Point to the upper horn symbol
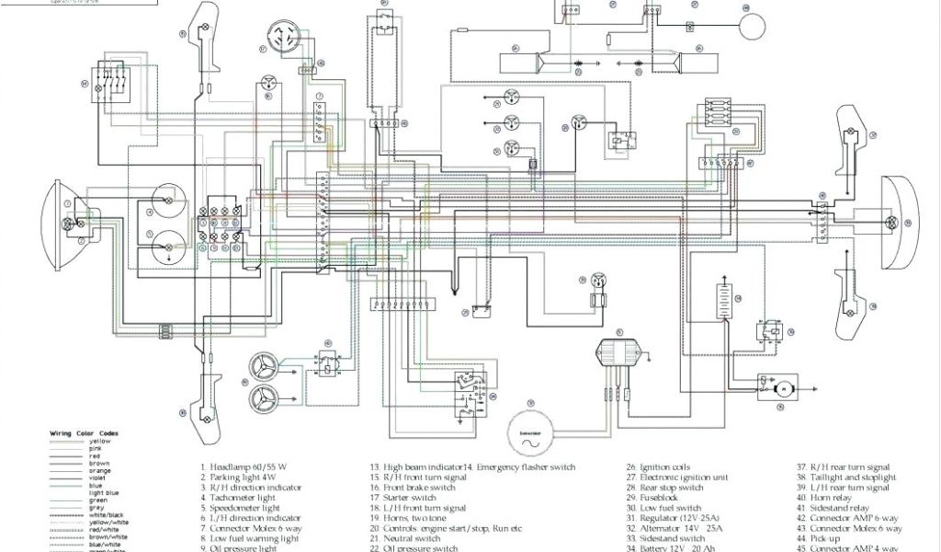click(266, 365)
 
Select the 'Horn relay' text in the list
click(835, 498)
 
